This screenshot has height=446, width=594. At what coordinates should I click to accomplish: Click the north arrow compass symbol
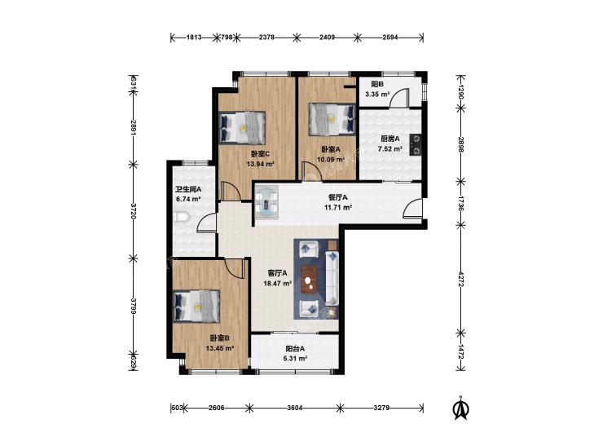pyautogui.click(x=461, y=408)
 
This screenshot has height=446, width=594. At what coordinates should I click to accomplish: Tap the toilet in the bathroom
pyautogui.click(x=182, y=217)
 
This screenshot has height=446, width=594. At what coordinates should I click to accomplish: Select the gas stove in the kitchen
pyautogui.click(x=416, y=144)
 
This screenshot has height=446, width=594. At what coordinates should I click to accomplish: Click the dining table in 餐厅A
pyautogui.click(x=266, y=202)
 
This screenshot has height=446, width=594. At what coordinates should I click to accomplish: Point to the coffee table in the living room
pyautogui.click(x=310, y=280)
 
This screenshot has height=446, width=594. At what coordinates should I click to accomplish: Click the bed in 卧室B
pyautogui.click(x=196, y=306)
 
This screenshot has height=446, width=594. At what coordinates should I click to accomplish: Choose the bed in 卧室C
pyautogui.click(x=243, y=127)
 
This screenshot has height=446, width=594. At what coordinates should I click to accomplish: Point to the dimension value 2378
pyautogui.click(x=266, y=38)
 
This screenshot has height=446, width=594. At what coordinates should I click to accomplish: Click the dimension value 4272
pyautogui.click(x=460, y=279)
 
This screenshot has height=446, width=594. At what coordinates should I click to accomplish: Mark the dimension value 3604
pyautogui.click(x=295, y=408)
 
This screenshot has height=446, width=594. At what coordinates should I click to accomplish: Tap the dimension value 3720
pyautogui.click(x=133, y=211)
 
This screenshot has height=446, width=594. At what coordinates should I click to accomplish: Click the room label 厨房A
pyautogui.click(x=390, y=139)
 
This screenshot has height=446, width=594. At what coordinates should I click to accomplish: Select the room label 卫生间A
pyautogui.click(x=188, y=188)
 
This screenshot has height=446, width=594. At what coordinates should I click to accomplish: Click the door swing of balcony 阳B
pyautogui.click(x=398, y=98)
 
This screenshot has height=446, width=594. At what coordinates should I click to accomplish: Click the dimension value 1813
pyautogui.click(x=194, y=38)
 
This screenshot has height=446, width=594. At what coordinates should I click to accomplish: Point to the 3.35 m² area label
pyautogui.click(x=378, y=94)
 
